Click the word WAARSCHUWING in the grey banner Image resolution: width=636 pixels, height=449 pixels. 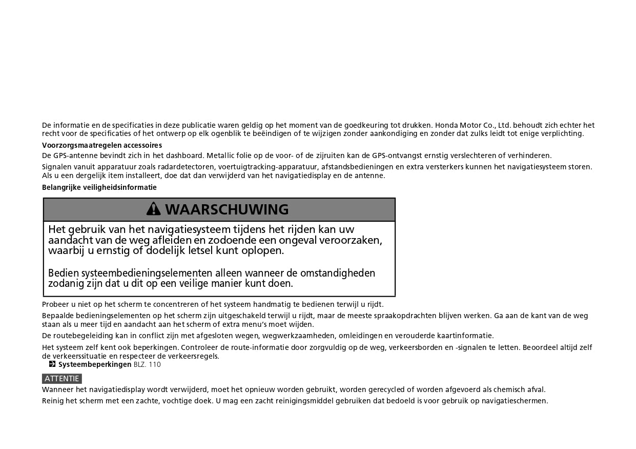click(227, 209)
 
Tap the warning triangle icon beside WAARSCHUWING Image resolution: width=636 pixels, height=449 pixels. click(153, 209)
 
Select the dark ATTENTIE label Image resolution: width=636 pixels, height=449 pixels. click(62, 379)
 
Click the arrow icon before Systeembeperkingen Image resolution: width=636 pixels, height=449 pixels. click(52, 364)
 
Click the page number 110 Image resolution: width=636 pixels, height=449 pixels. click(154, 364)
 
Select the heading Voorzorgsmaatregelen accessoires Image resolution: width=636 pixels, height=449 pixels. click(102, 145)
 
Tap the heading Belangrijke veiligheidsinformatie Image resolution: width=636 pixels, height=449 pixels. click(99, 187)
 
